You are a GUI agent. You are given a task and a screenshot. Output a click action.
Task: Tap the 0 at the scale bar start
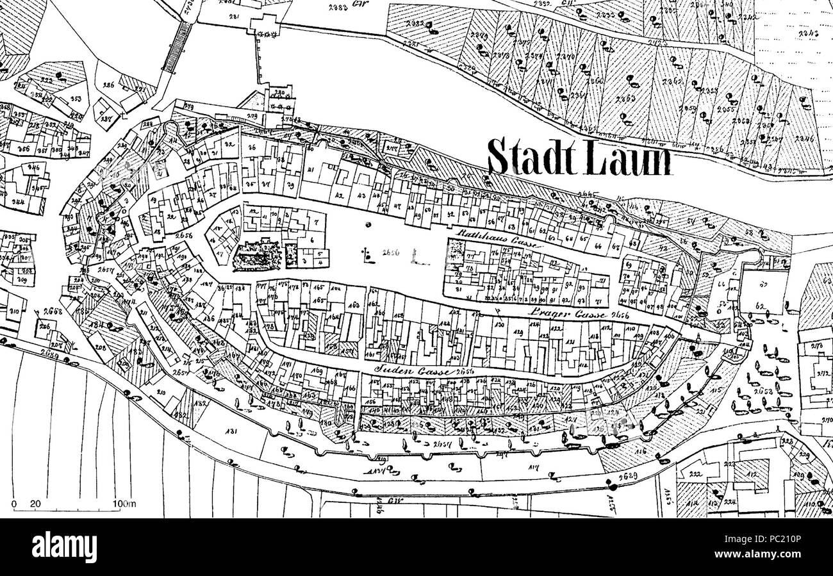pos(14,504)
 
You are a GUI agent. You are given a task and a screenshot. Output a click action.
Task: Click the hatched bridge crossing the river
pos(176,47)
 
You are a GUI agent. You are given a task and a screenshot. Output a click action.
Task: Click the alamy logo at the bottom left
pos(63,548)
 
